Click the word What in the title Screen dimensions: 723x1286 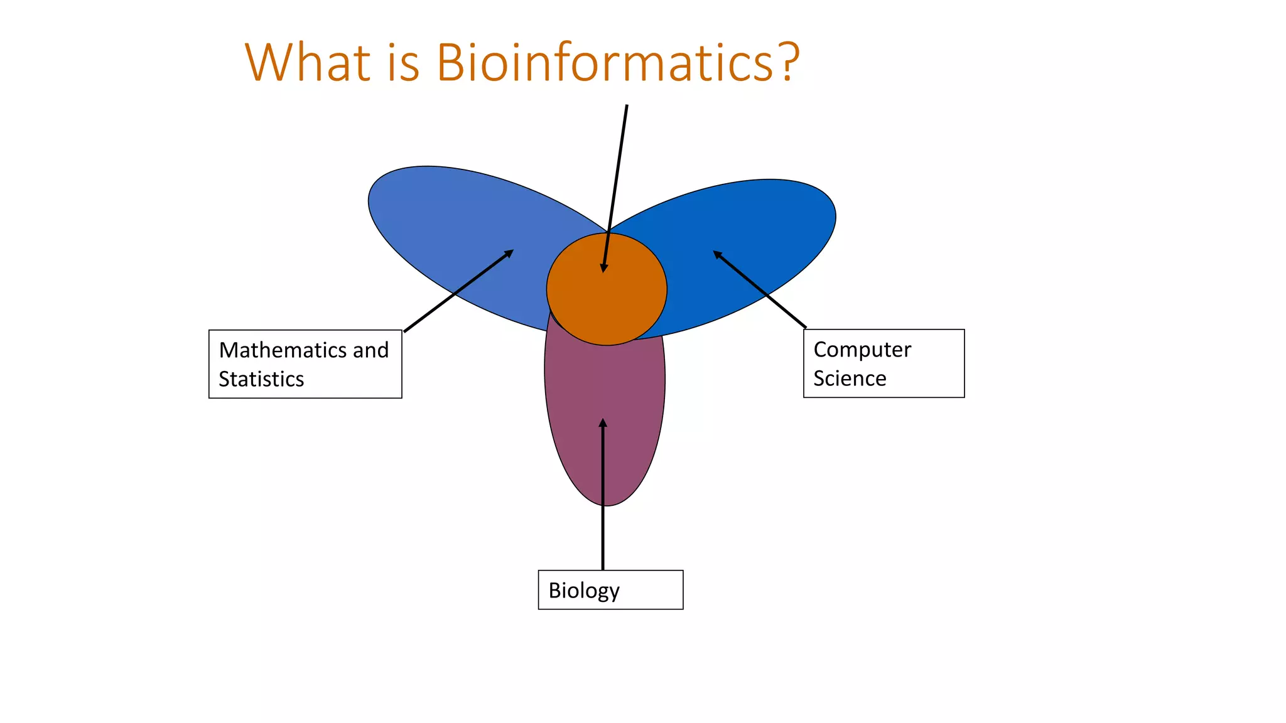point(308,63)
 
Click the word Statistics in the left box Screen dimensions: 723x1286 point(261,379)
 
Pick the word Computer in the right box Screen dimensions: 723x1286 point(862,350)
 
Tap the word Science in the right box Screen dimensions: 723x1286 point(850,378)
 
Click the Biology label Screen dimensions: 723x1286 point(584,591)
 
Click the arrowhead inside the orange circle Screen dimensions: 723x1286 point(604,268)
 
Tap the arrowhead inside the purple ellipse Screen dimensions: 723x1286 point(603,423)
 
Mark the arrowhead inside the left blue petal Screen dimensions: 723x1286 point(509,253)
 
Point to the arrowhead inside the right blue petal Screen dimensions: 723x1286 point(717,254)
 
